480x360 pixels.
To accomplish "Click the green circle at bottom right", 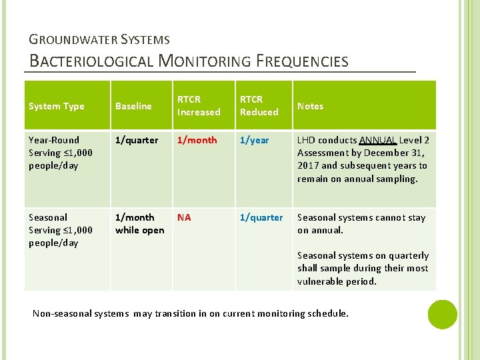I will click(x=442, y=315).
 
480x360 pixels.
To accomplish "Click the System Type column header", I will click(x=57, y=106).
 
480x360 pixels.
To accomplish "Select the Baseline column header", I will click(x=133, y=106).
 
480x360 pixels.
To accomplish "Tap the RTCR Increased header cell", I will click(x=199, y=106).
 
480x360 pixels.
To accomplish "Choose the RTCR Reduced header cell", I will click(x=259, y=106).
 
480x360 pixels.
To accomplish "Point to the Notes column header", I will click(x=310, y=106).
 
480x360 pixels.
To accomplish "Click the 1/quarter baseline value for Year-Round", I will click(x=137, y=140).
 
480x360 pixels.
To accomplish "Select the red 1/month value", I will click(x=197, y=140).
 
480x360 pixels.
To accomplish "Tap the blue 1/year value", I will click(x=255, y=140).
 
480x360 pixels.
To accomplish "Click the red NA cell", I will click(x=184, y=217).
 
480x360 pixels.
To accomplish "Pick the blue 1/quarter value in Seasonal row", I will click(x=261, y=217).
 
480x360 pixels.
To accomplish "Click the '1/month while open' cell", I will click(x=139, y=224).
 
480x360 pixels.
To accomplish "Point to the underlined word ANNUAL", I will click(x=378, y=140).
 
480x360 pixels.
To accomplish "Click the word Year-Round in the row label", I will click(x=54, y=140).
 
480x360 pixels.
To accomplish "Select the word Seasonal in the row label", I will click(x=48, y=217).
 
